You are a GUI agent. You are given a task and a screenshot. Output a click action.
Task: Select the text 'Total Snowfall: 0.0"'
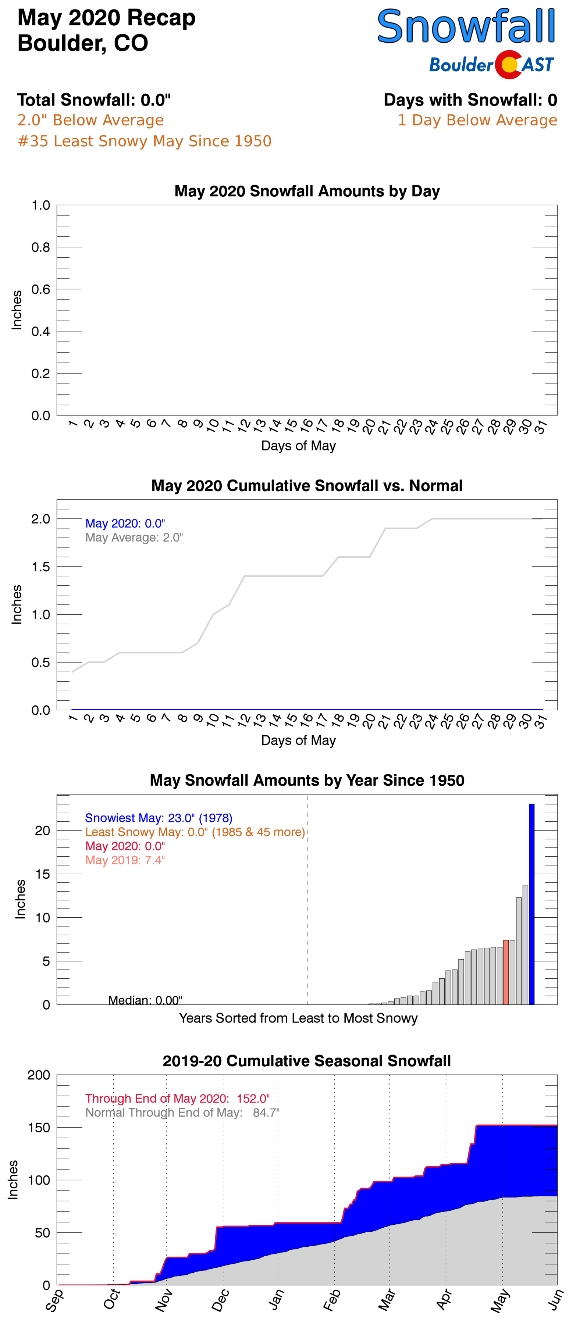pyautogui.click(x=94, y=100)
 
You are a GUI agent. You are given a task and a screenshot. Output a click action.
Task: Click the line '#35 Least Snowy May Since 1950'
pyautogui.click(x=144, y=141)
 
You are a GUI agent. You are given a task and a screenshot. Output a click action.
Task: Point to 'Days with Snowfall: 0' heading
pyautogui.click(x=470, y=100)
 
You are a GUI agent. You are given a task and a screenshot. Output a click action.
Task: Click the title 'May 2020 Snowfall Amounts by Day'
pyautogui.click(x=307, y=191)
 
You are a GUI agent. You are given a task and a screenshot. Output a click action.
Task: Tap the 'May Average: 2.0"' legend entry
pyautogui.click(x=134, y=538)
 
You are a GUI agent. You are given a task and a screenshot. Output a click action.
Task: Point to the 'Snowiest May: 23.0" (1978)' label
pyautogui.click(x=159, y=818)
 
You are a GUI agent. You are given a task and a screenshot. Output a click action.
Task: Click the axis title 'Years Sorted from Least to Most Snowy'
pyautogui.click(x=298, y=1018)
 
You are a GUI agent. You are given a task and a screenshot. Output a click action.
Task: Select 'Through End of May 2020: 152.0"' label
pyautogui.click(x=177, y=1099)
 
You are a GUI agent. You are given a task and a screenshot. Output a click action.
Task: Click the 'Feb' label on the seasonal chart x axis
pyautogui.click(x=331, y=1300)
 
